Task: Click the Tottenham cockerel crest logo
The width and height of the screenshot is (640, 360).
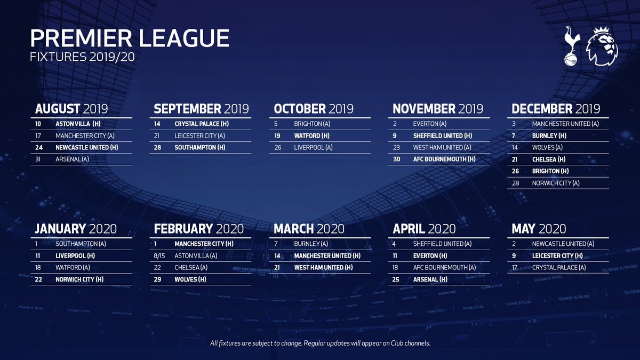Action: tap(572, 46)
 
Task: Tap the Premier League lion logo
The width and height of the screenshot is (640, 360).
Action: tap(602, 46)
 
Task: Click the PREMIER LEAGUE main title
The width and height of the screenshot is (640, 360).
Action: tap(130, 38)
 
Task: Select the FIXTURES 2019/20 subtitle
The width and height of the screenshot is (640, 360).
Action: tap(82, 57)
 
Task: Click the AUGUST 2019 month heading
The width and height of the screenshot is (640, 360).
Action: tap(71, 109)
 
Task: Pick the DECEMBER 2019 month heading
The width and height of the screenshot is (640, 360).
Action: tap(556, 109)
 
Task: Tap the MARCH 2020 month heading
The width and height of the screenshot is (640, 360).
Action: tap(309, 229)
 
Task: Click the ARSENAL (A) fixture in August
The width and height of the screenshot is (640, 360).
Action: tap(73, 159)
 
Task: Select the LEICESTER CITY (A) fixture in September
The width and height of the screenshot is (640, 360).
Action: tap(199, 135)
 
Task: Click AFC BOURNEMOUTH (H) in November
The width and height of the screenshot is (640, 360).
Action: tap(444, 159)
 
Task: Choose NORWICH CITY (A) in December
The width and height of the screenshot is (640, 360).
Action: tap(556, 183)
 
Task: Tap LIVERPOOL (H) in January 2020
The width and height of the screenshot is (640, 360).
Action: tap(75, 255)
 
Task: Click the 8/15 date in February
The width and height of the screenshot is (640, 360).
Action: tap(159, 255)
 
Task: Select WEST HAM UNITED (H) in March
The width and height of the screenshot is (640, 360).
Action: tap(323, 267)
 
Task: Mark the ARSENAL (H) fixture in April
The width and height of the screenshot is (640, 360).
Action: tap(430, 279)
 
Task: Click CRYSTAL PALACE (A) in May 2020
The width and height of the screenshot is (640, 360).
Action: tap(559, 267)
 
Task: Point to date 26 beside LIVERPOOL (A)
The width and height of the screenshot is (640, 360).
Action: tap(278, 147)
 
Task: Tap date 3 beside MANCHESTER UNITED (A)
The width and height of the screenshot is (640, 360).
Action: tap(514, 124)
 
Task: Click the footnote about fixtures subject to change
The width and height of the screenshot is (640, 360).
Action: tap(320, 343)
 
